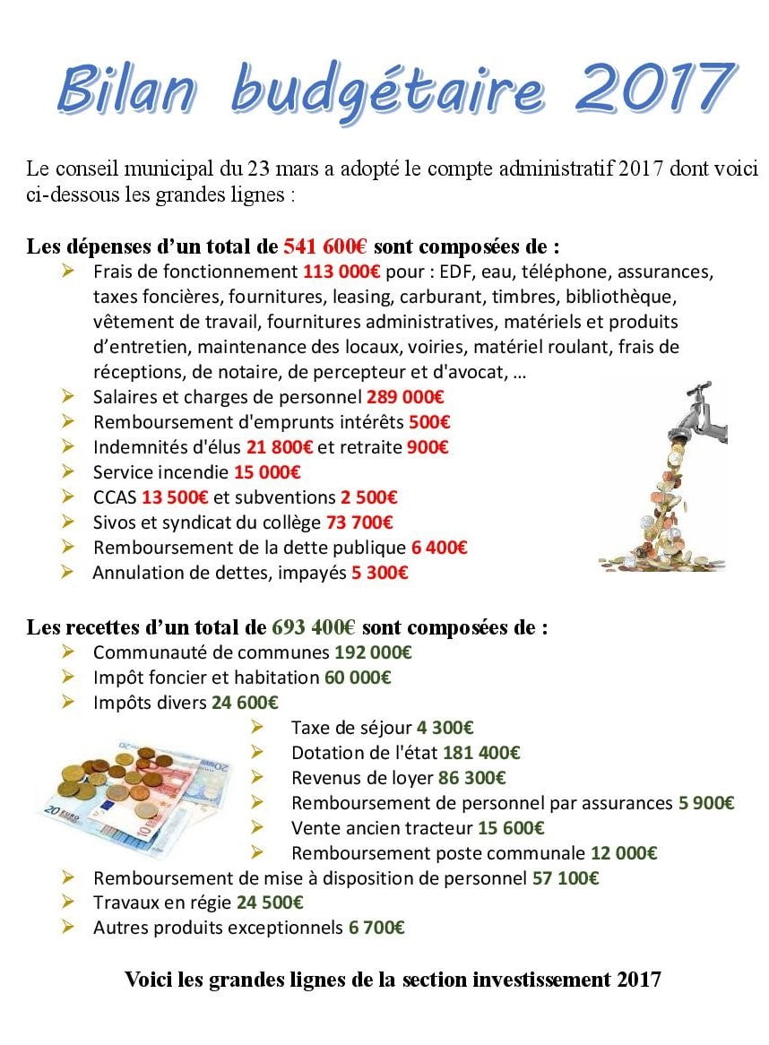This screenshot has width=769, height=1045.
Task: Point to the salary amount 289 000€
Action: coord(405,396)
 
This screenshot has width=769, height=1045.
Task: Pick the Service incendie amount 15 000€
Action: coord(266,471)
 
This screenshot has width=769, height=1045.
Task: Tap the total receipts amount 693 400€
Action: coord(315,627)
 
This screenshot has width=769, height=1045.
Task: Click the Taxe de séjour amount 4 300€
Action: coord(445,728)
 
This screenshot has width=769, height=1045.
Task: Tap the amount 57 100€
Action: coord(566,878)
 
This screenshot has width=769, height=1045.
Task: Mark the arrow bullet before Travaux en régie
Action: coord(69,902)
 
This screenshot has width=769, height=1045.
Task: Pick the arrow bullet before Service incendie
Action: coord(69,471)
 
